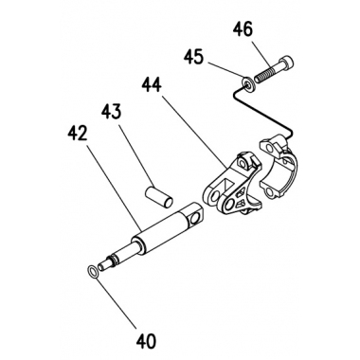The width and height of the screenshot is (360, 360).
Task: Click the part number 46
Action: pyautogui.click(x=243, y=30)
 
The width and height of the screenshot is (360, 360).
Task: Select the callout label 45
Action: pyautogui.click(x=193, y=57)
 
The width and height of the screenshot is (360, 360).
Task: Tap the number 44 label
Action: pyautogui.click(x=152, y=85)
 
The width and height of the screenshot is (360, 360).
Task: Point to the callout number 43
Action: pyautogui.click(x=111, y=112)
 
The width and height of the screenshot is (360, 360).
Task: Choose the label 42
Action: pyautogui.click(x=77, y=135)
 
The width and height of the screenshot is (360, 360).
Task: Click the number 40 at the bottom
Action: pyautogui.click(x=147, y=341)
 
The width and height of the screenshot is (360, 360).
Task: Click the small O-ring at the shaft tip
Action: pyautogui.click(x=93, y=271)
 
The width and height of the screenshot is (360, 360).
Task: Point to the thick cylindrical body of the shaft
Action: pyautogui.click(x=161, y=234)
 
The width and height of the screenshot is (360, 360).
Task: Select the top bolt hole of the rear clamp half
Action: pyautogui.click(x=268, y=148)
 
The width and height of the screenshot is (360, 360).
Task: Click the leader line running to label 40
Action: pyautogui.click(x=117, y=301)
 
